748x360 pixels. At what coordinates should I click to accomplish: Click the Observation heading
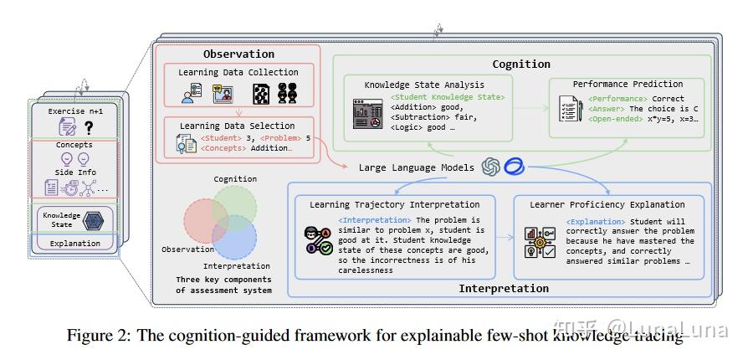pyautogui.click(x=238, y=54)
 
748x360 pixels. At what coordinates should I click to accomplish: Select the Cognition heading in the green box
pyautogui.click(x=520, y=64)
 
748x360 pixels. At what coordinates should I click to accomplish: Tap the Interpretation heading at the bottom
pyautogui.click(x=504, y=288)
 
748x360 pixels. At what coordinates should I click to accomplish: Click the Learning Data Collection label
pyautogui.click(x=238, y=73)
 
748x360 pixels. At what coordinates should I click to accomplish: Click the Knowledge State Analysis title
pyautogui.click(x=423, y=85)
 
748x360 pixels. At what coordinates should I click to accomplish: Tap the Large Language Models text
pyautogui.click(x=417, y=167)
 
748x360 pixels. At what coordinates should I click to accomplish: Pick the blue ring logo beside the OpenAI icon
pyautogui.click(x=514, y=167)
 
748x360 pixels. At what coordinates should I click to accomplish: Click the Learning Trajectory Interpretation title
pyautogui.click(x=394, y=204)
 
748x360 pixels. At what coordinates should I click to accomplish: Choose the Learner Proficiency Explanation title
pyautogui.click(x=607, y=204)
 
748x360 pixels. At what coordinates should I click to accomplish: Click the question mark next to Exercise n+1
pyautogui.click(x=89, y=126)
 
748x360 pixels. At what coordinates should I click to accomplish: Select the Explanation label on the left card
pyautogui.click(x=74, y=244)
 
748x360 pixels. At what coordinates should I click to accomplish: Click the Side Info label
pyautogui.click(x=75, y=172)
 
